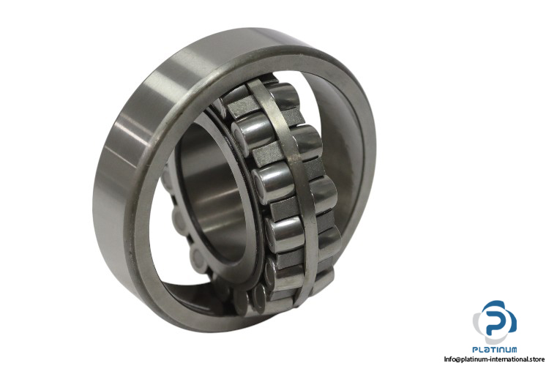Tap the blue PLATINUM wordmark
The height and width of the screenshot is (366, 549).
[494, 350]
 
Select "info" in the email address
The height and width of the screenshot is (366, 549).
[449, 359]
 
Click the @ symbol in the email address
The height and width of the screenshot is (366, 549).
[457, 359]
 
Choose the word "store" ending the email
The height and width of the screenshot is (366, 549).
[536, 359]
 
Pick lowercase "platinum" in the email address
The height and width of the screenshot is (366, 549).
[471, 359]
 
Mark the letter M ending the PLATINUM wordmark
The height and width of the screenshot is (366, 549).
[512, 350]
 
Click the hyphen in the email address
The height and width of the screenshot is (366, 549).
[485, 359]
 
